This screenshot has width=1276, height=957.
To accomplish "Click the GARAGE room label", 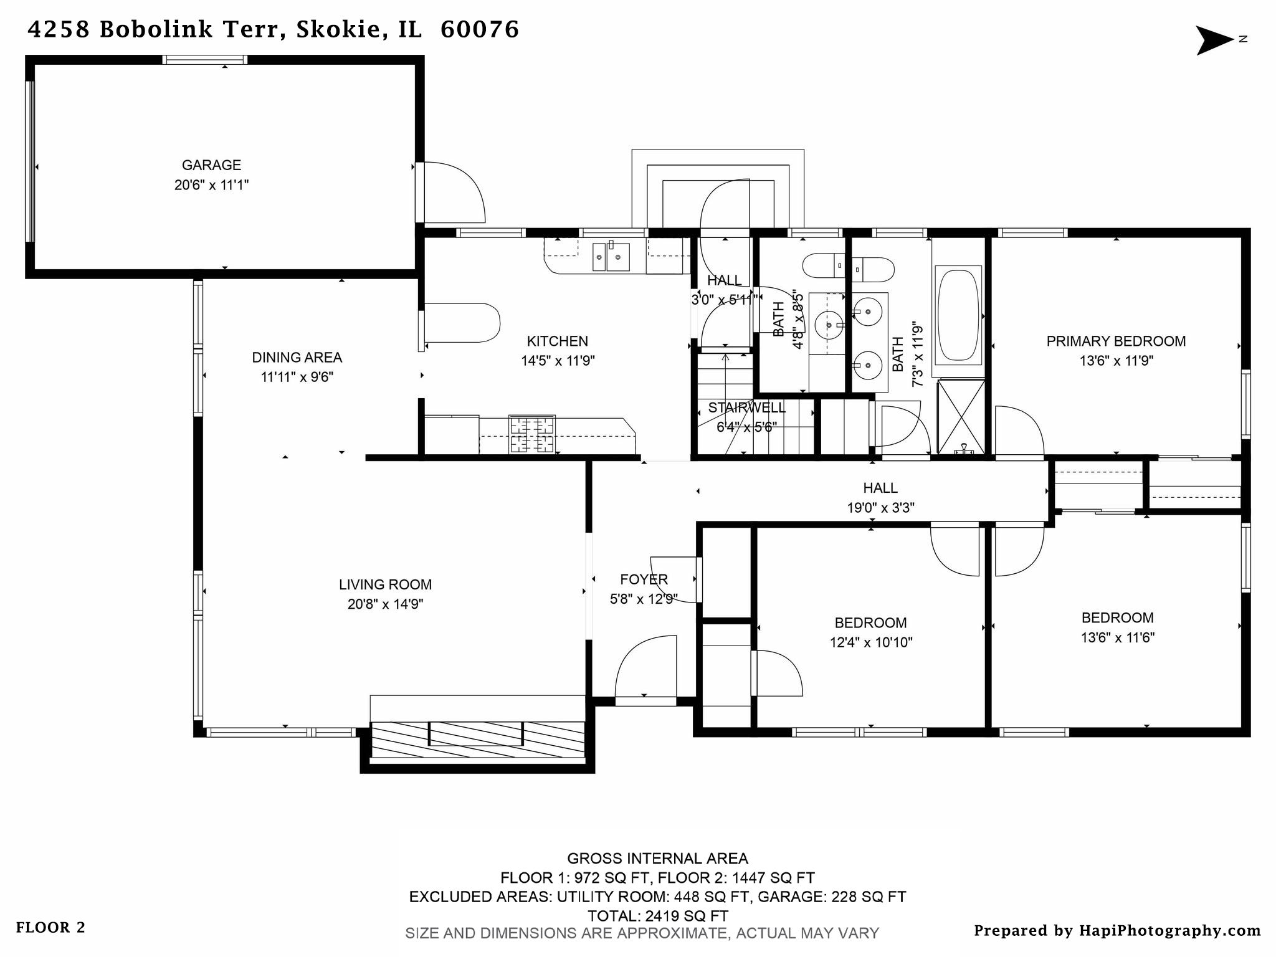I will pos(211,165).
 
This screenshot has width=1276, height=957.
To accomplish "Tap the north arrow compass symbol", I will pos(1214,40).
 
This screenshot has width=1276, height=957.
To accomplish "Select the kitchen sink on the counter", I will pos(611,257).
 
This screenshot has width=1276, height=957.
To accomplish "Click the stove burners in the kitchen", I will pos(531,434).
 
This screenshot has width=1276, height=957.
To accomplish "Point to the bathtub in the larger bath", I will pos(958,315).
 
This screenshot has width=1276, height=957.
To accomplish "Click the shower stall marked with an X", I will pos(961,416).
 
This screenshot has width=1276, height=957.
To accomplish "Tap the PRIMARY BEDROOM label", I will pos(1116,341).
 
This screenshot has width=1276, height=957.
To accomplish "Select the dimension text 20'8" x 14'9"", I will pos(385,604).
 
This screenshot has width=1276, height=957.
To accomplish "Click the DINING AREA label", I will pos(297,358).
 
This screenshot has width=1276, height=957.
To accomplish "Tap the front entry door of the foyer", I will pos(645,670).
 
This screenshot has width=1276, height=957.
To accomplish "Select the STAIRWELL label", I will pos(746,408).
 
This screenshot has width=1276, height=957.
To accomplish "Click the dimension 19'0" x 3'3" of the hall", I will pos(880,508).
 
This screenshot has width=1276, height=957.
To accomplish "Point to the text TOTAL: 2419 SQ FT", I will pos(657,916).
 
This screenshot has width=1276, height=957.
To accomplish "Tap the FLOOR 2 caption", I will pos(50,928).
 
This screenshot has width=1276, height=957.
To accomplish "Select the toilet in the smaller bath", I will pos(823,266).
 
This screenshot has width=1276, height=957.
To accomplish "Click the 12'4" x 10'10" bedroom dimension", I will pos(870,642).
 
